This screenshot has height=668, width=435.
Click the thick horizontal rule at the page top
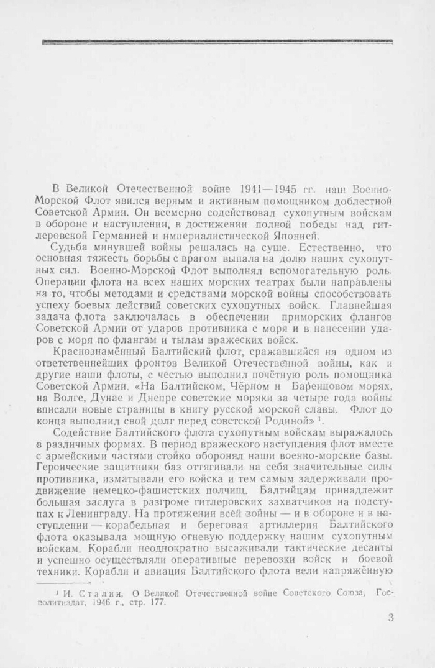click(x=217, y=42)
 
